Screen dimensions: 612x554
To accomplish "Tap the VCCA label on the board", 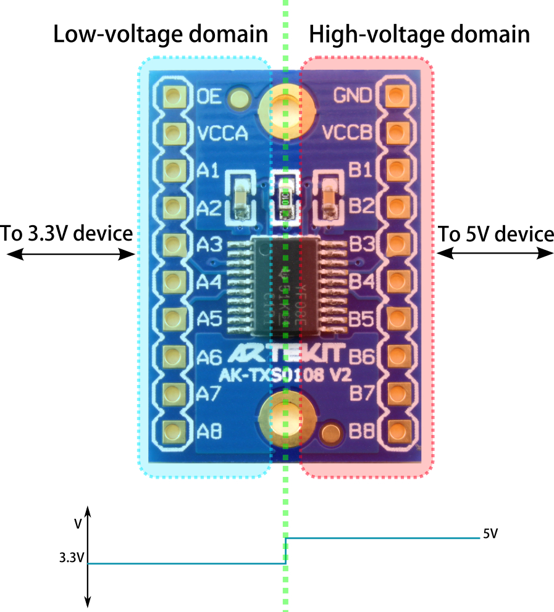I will [x=223, y=133].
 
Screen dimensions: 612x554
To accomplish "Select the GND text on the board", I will [x=352, y=96].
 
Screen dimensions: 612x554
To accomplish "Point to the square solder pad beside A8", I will [x=173, y=431].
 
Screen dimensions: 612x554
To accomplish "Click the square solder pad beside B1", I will [x=396, y=169].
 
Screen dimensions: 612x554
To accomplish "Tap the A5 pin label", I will [x=209, y=319].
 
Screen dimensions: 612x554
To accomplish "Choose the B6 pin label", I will [x=361, y=356].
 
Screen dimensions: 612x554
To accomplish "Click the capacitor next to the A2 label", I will [x=241, y=197].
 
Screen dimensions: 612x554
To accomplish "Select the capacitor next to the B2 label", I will [x=329, y=197].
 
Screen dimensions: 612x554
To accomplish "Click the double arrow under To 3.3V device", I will [x=68, y=254].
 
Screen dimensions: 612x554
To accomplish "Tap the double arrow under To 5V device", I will [x=495, y=253].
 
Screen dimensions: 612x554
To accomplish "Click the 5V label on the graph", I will [x=490, y=534].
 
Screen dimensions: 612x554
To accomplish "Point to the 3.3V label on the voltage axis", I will [x=71, y=558].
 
